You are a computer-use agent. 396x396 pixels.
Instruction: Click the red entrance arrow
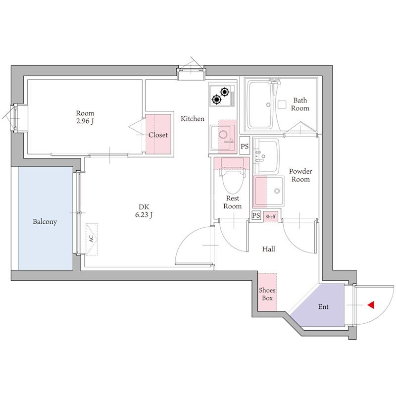[x=371, y=305]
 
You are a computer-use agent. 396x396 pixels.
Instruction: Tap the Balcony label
[x=45, y=221]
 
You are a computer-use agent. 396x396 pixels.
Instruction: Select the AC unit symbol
[x=92, y=239]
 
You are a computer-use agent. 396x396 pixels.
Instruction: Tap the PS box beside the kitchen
[x=245, y=146]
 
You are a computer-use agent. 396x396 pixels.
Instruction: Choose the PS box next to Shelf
[x=256, y=215]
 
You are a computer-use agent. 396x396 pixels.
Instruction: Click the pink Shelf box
[x=270, y=216]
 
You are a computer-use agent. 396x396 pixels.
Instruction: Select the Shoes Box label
[x=267, y=294]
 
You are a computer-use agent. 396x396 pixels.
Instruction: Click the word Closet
[x=158, y=135]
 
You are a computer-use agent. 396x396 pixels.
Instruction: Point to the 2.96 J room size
[x=85, y=121]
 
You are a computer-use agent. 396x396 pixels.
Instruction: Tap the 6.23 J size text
[x=144, y=215]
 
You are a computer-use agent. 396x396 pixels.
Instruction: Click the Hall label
[x=268, y=249]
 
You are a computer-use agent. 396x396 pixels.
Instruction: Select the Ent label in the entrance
[x=323, y=307]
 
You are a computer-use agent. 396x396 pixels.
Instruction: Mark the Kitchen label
[x=193, y=118]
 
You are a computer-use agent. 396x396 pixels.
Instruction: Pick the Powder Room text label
[x=300, y=175]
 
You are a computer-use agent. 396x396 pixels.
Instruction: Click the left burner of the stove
[x=216, y=99]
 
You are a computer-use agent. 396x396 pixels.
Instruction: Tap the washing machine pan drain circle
[x=277, y=191]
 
